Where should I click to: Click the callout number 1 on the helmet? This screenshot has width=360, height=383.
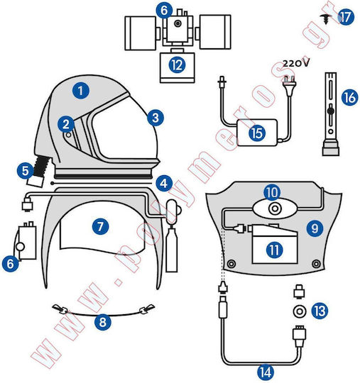pyautogui.click(x=81, y=91)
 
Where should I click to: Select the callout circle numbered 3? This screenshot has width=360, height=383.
pyautogui.click(x=156, y=118)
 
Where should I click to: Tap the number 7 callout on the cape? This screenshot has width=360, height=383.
pyautogui.click(x=100, y=226)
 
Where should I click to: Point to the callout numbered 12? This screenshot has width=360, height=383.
pyautogui.click(x=177, y=65)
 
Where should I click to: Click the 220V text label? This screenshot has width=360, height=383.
pyautogui.click(x=296, y=64)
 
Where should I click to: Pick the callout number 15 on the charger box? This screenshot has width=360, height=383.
pyautogui.click(x=257, y=133)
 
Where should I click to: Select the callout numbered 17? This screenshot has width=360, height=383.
pyautogui.click(x=346, y=17)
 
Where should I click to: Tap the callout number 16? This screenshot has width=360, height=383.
pyautogui.click(x=350, y=97)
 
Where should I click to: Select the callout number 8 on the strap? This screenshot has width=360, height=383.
pyautogui.click(x=103, y=322)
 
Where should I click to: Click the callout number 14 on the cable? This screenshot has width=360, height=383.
pyautogui.click(x=266, y=372)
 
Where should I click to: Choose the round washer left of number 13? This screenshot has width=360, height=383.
pyautogui.click(x=300, y=311)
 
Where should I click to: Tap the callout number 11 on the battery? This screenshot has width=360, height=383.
pyautogui.click(x=274, y=250)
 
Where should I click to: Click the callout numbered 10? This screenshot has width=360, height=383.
pyautogui.click(x=272, y=192)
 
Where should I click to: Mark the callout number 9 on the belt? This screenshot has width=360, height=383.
pyautogui.click(x=315, y=228)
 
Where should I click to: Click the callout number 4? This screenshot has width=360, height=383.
pyautogui.click(x=164, y=183)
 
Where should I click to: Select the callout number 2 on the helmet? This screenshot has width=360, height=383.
pyautogui.click(x=66, y=124)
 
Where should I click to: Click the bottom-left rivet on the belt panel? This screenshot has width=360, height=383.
pyautogui.click(x=231, y=264)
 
